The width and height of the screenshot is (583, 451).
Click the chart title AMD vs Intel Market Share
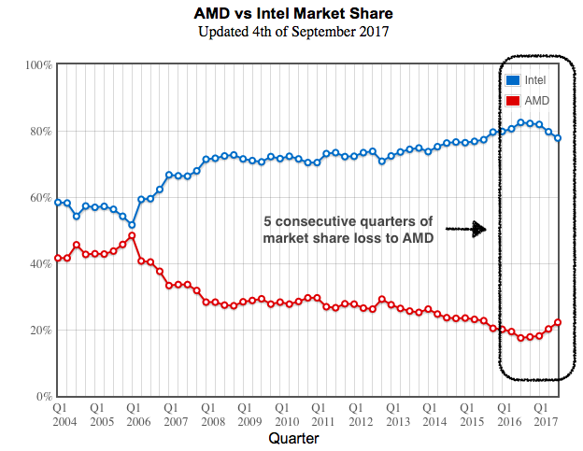point(292,15)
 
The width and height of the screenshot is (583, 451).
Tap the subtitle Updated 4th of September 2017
point(292,33)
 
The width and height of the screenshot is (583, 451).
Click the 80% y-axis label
point(40,132)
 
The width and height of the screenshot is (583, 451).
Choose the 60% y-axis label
point(40,198)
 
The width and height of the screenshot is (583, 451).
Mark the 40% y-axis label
point(40,264)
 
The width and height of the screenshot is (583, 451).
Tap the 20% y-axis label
point(40,331)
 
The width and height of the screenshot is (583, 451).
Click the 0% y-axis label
point(43,397)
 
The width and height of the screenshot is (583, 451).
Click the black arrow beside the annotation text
point(465,229)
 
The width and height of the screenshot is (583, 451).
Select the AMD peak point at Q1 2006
point(132,235)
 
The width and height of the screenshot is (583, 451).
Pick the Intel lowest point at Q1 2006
point(132,225)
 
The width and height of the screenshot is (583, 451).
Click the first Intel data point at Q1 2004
point(58,203)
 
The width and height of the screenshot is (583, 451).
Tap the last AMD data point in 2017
point(558,322)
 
